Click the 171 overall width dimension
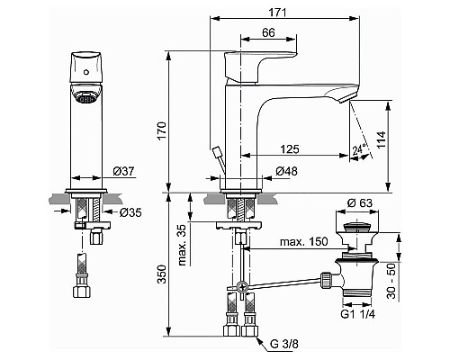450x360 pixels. point(277,13)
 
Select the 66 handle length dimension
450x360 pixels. point(268,32)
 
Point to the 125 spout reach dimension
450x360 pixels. point(290,148)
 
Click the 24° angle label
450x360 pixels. point(359,149)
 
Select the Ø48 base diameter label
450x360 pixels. point(286,171)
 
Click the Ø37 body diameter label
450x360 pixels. point(123,172)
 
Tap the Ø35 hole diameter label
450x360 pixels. point(130,212)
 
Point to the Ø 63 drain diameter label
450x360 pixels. point(360,203)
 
